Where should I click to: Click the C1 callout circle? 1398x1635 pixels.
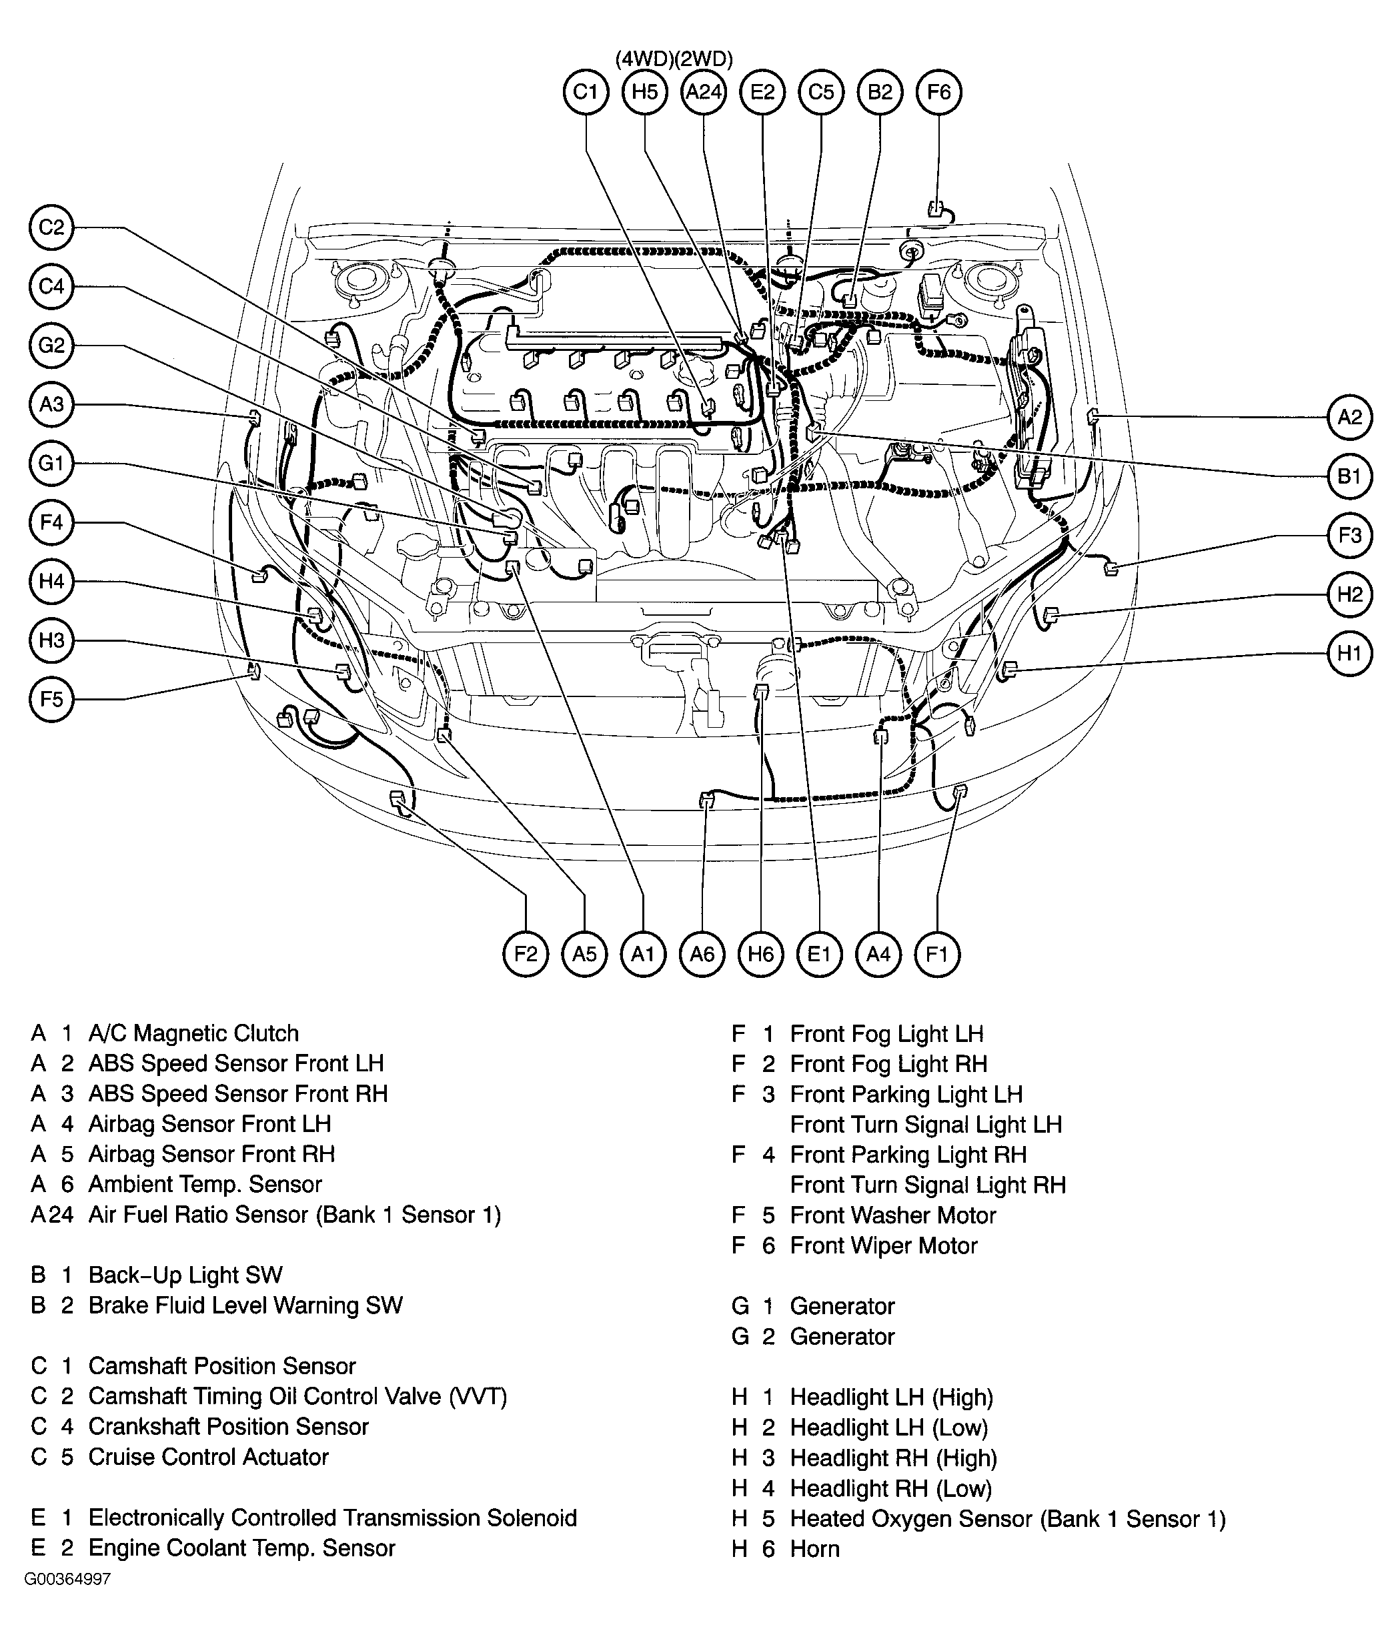(586, 92)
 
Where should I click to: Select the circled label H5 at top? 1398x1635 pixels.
(644, 92)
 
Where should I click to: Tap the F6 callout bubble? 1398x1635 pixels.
(939, 92)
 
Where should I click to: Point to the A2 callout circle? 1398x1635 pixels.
(1350, 418)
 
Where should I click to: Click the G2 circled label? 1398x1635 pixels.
(51, 346)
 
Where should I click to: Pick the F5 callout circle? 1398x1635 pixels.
(51, 699)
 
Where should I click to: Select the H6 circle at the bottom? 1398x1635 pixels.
(760, 955)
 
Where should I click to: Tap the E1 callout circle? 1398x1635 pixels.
(820, 955)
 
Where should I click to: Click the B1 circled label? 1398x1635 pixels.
(1350, 476)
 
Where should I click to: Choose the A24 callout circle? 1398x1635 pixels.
(704, 92)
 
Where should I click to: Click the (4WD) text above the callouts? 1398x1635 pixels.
(644, 59)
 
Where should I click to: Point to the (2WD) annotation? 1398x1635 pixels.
(704, 59)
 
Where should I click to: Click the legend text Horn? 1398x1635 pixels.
(814, 1549)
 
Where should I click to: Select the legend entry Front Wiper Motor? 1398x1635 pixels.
(884, 1246)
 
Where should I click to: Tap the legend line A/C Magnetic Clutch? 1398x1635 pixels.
(193, 1034)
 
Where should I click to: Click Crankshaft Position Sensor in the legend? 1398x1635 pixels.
(228, 1427)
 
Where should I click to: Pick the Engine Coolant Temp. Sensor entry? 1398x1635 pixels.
(241, 1548)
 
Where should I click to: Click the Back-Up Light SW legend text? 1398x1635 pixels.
(185, 1275)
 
